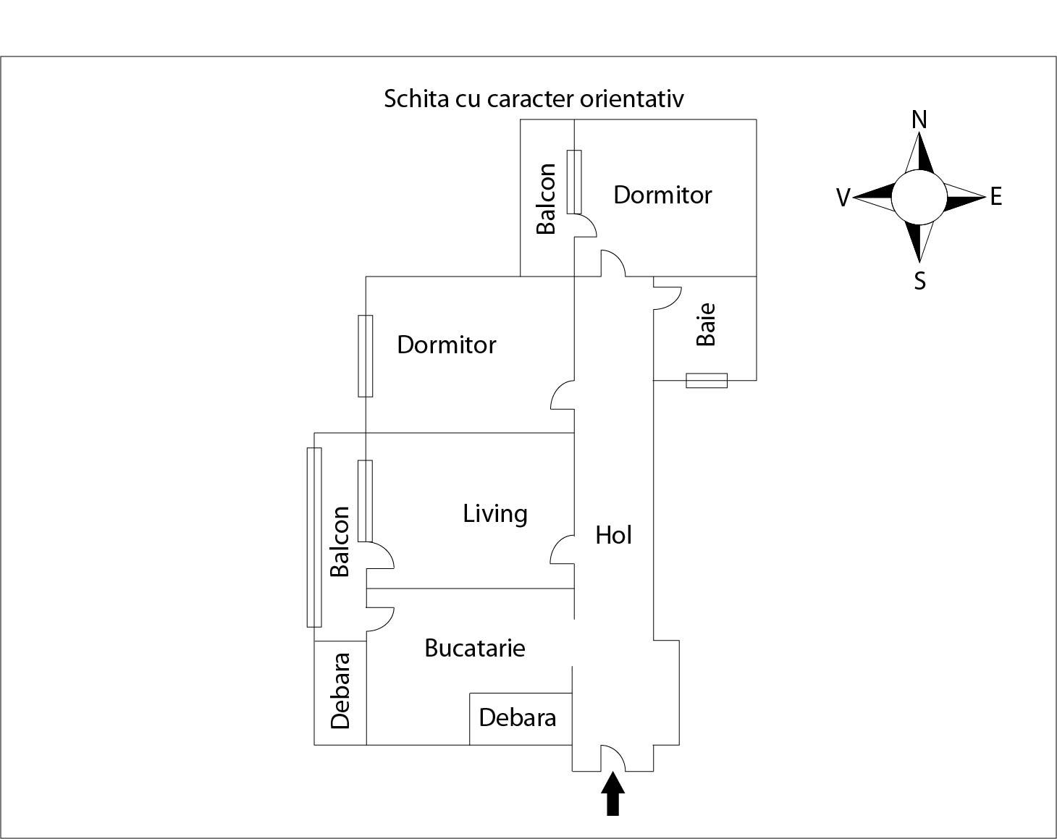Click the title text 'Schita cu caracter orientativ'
(534, 98)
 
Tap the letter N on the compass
(919, 119)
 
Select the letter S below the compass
(919, 280)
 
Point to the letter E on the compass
(996, 196)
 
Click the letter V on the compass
(843, 198)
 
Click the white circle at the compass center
(919, 197)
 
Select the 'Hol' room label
(613, 535)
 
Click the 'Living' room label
(495, 513)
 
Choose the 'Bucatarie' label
(474, 647)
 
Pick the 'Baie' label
(706, 324)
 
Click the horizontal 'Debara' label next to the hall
(518, 717)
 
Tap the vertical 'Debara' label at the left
(340, 691)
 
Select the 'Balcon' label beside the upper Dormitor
(547, 198)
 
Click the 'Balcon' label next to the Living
(340, 541)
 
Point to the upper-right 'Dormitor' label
(662, 195)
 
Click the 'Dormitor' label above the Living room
(447, 345)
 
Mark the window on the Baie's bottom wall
(707, 380)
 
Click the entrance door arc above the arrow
(613, 757)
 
